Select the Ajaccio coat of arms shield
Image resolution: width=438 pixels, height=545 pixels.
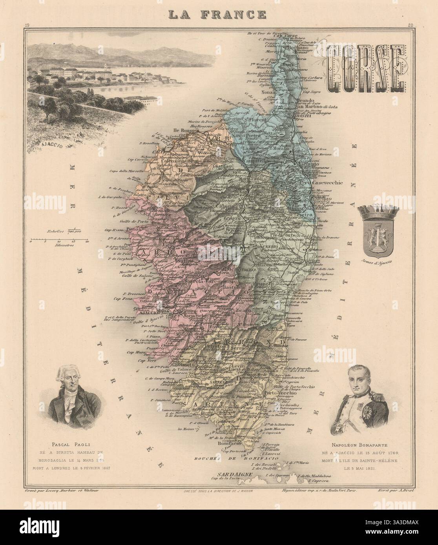[376, 236]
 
